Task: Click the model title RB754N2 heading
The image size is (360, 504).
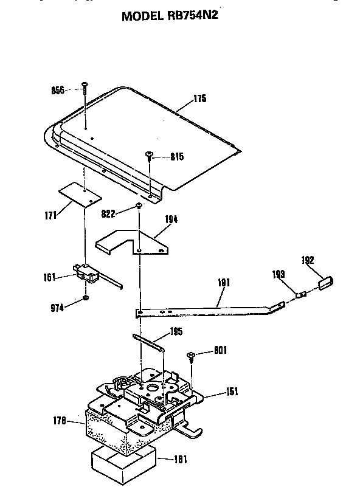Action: pos(170,15)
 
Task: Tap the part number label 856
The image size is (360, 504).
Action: pos(58,90)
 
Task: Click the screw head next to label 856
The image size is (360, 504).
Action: pos(85,85)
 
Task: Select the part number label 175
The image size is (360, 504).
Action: pos(200,98)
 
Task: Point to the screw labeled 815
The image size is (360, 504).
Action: pos(150,157)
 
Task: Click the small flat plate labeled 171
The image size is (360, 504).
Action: pos(80,195)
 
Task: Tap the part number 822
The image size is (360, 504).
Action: pos(108,213)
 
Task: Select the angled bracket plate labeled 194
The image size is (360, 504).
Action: pos(133,243)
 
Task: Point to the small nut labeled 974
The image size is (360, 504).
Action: pos(86,298)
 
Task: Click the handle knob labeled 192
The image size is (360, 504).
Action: pos(325,283)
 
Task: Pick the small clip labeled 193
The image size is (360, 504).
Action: pos(300,294)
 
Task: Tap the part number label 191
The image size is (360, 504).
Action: pos(224,282)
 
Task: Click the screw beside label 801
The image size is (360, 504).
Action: pos(191,357)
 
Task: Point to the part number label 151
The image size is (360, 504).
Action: pos(232,392)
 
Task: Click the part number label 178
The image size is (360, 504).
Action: pos(60,421)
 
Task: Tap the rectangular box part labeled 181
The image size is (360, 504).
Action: pos(124,466)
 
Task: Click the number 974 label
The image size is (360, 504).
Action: pos(57,308)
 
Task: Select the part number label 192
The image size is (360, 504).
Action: pos(308,260)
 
